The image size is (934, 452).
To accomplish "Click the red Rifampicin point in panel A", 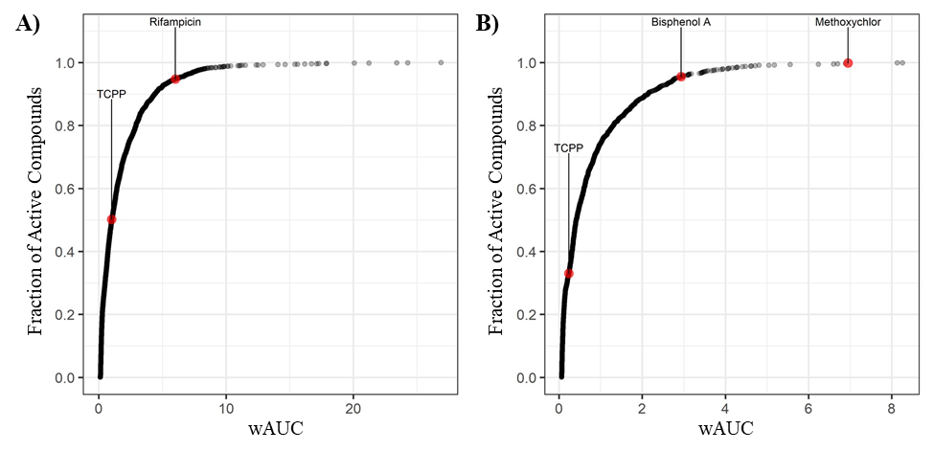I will click(175, 79).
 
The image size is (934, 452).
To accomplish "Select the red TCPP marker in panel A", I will click(111, 219).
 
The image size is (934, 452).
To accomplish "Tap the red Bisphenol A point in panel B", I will click(681, 77).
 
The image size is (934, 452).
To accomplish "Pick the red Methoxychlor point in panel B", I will click(848, 63).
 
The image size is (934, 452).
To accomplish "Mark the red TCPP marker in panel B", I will click(569, 274).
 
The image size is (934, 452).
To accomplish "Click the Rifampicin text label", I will click(175, 21).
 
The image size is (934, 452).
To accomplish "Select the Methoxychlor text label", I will click(848, 21).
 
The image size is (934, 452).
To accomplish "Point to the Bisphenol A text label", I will click(681, 21).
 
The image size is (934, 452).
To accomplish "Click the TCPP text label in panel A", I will click(111, 94).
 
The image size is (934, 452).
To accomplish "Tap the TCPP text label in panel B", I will click(569, 148).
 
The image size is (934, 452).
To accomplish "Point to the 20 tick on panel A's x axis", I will click(353, 408).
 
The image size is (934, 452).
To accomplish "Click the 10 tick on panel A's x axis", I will click(226, 408).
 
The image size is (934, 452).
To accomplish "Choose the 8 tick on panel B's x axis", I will click(891, 408).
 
